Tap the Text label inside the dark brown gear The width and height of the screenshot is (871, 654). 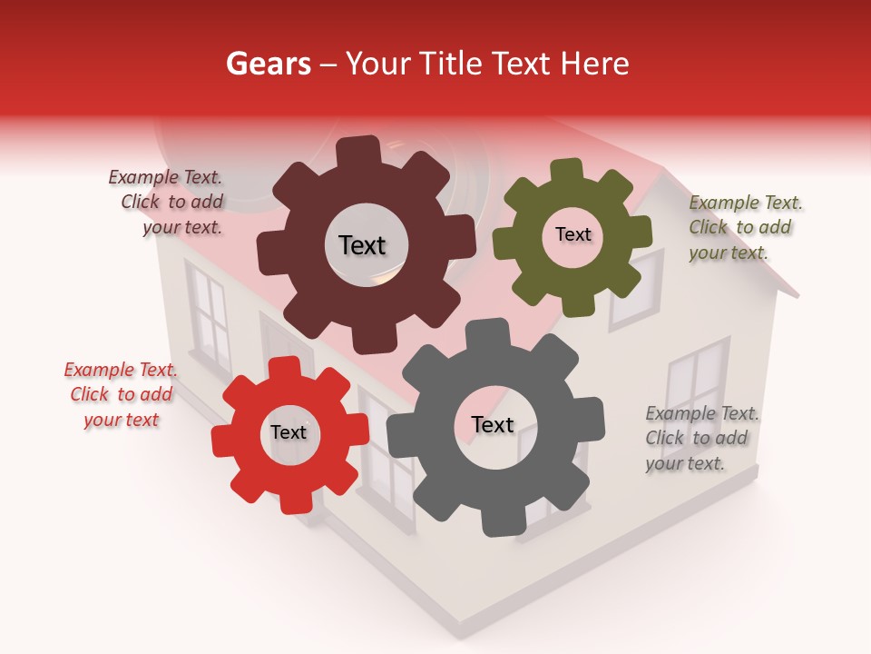[362, 245]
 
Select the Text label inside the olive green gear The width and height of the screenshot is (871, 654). [573, 234]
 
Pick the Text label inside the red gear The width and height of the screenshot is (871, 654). [289, 432]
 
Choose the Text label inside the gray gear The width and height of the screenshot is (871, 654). [493, 424]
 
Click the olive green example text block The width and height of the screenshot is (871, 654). [744, 227]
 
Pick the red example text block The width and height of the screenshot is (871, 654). [121, 395]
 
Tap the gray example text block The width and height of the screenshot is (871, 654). [701, 438]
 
